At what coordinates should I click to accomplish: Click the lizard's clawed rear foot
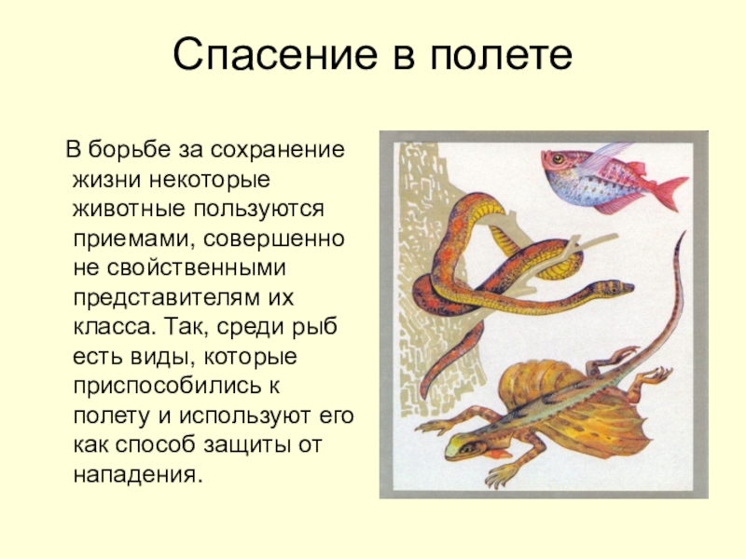tap(659, 375)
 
